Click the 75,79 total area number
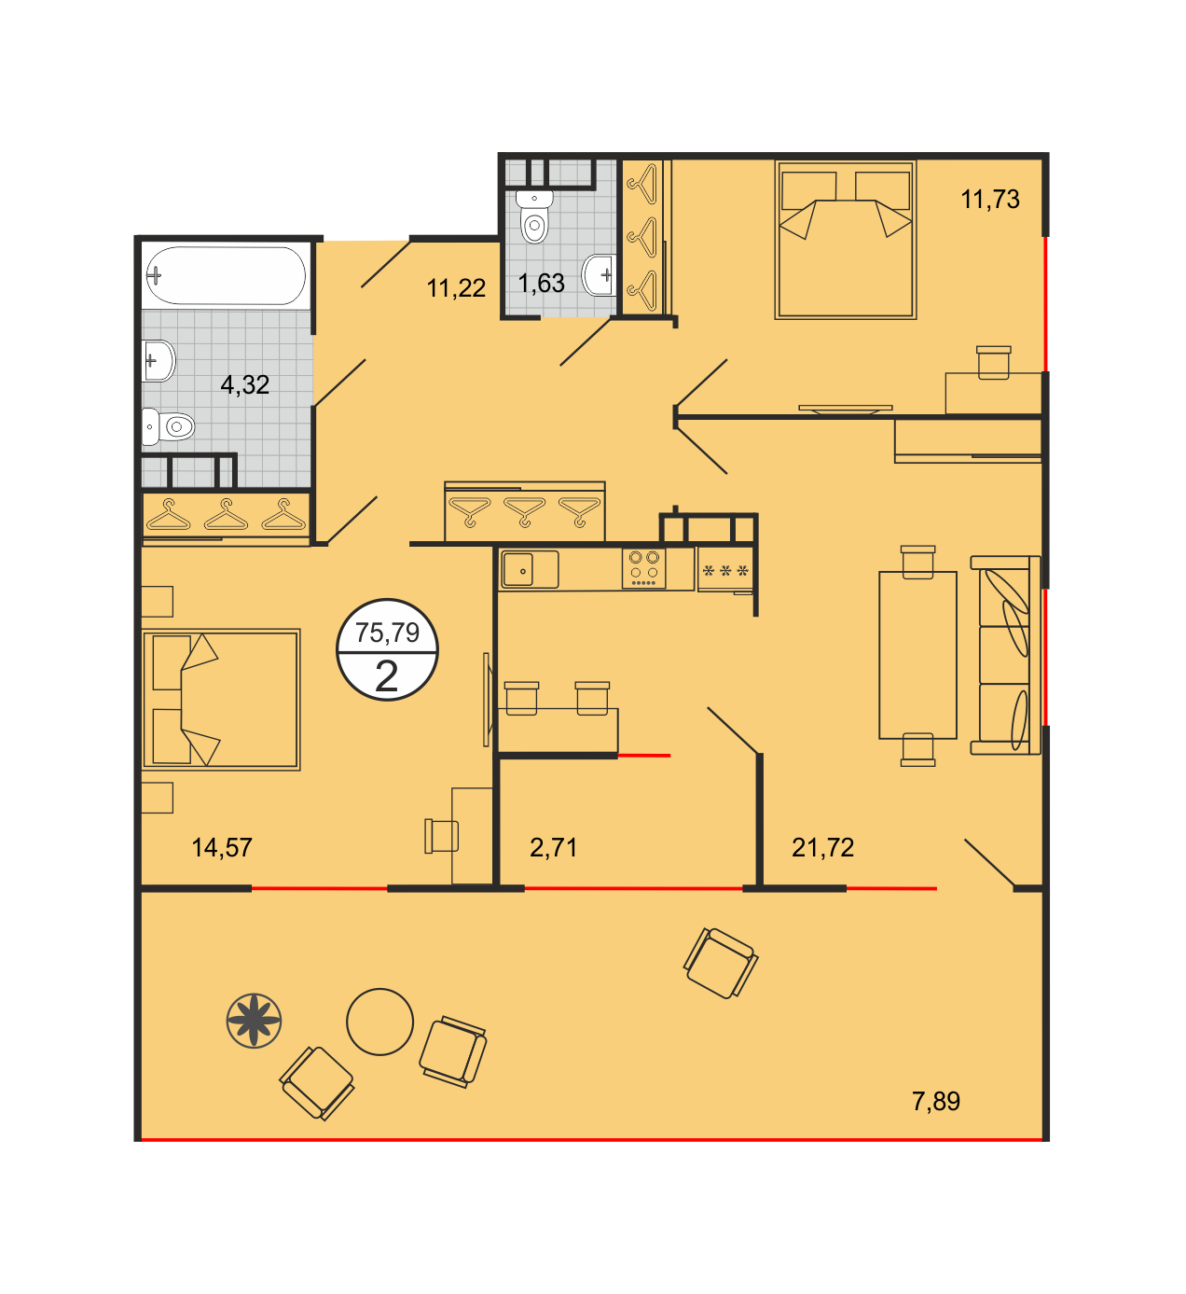click(x=387, y=633)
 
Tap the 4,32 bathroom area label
click(x=244, y=385)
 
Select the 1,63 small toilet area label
click(x=541, y=284)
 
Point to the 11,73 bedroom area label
click(x=990, y=200)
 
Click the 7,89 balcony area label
click(x=936, y=1101)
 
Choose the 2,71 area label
click(x=553, y=847)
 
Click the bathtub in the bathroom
click(x=226, y=275)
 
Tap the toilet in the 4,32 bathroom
click(x=169, y=426)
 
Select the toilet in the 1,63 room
click(x=534, y=216)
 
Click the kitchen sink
click(x=530, y=570)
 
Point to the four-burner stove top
click(x=643, y=567)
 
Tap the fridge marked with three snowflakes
click(x=725, y=570)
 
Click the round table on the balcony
click(x=379, y=1022)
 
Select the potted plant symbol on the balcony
click(x=255, y=1021)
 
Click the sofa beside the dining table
click(x=1005, y=655)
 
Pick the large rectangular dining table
click(x=917, y=655)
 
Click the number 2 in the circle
click(x=386, y=676)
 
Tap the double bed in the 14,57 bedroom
click(x=221, y=700)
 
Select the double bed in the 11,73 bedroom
click(x=846, y=240)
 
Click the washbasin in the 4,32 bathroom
click(x=158, y=361)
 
